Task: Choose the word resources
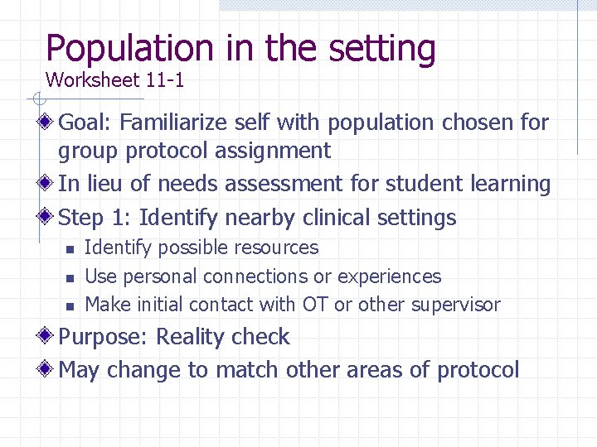point(279,248)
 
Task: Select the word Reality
point(193,337)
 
